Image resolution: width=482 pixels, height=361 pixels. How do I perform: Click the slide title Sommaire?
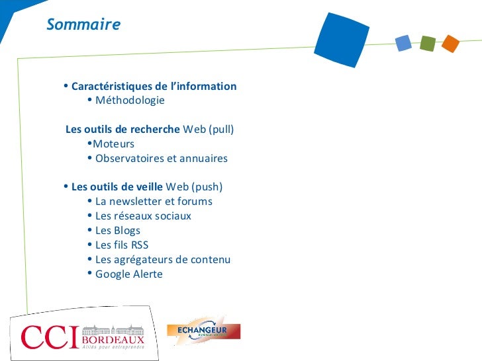[x=83, y=25]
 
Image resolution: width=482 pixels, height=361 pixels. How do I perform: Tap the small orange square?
[x=450, y=44]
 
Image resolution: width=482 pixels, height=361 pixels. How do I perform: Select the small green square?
[x=427, y=44]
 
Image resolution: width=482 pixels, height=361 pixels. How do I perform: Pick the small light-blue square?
[x=403, y=44]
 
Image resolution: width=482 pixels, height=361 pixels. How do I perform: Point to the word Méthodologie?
[x=130, y=100]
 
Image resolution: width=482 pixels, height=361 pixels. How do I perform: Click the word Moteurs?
[x=114, y=144]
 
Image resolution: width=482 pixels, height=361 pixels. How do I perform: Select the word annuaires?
[x=203, y=159]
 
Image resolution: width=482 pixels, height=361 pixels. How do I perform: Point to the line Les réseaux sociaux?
[x=143, y=216]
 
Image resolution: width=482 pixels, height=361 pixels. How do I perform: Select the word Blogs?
[x=127, y=231]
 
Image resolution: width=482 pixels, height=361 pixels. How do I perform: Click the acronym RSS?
[x=140, y=245]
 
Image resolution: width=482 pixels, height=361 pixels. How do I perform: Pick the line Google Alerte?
[x=128, y=274]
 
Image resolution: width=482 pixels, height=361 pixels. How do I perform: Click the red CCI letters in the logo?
[x=50, y=337]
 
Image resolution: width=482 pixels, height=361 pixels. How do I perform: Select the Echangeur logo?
[x=204, y=331]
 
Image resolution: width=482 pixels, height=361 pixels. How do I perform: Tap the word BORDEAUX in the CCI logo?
[x=113, y=339]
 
